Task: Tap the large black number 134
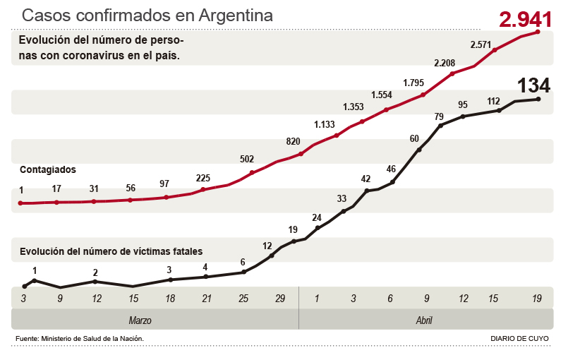533,85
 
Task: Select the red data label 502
246,160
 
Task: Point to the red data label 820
294,141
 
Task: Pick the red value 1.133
325,124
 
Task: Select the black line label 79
438,116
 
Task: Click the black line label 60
415,138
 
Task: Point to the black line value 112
493,101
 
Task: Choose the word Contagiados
48,169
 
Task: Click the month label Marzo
140,320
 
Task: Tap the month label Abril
424,320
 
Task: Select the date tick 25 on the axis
243,299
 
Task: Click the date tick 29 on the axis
280,299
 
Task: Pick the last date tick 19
537,299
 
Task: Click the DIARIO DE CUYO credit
519,339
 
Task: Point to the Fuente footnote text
80,339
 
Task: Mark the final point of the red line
538,31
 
